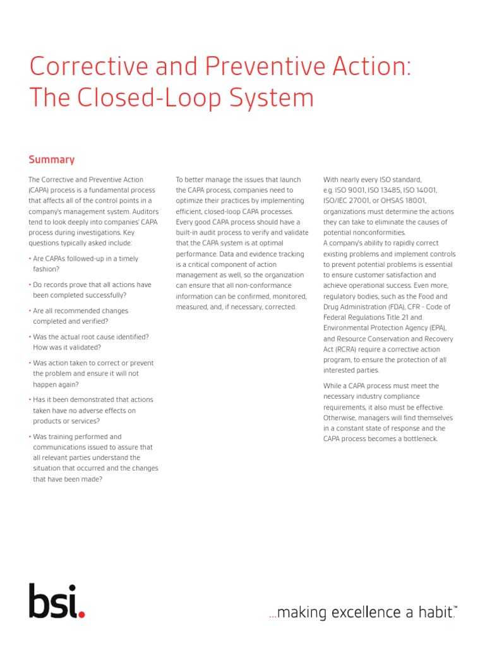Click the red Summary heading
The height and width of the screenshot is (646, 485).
pos(52,160)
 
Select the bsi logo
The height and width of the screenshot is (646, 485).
pos(56,601)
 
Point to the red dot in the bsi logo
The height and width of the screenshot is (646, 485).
pos(81,614)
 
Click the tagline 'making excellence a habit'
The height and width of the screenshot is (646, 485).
pos(361,612)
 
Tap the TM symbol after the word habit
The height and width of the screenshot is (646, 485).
pos(455,608)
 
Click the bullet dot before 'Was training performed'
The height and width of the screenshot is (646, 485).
pos(30,437)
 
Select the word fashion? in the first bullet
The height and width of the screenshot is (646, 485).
pos(46,269)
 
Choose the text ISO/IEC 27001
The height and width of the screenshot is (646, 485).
pos(348,201)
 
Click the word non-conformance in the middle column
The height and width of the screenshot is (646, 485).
pos(266,285)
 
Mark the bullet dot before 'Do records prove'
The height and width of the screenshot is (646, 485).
pos(30,285)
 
